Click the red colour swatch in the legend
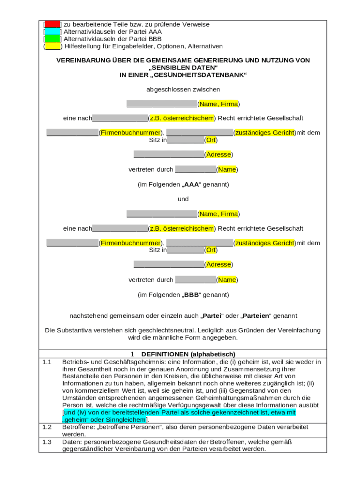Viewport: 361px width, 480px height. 53,24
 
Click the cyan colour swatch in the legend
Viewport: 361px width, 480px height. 53,32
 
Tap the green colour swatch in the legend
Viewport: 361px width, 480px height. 53,39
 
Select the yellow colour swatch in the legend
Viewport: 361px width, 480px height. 53,46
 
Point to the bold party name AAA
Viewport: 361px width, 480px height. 191,185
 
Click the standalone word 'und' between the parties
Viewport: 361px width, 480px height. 183,199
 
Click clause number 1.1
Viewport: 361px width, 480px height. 46,362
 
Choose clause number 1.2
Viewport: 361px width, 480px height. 46,427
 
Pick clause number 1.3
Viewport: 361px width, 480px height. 46,442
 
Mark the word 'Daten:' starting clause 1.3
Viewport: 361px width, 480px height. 72,442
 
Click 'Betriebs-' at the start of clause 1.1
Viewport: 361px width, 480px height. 75,362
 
